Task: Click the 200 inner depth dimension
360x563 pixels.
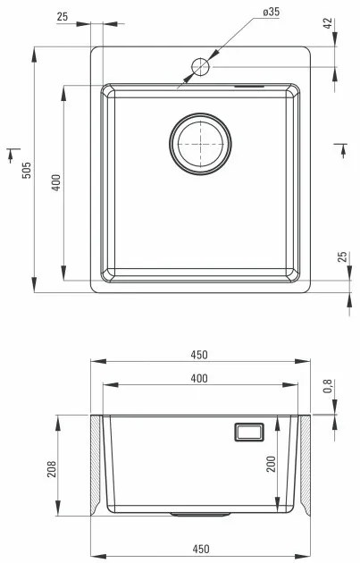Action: (269, 464)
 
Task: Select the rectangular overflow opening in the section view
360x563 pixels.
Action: (247, 432)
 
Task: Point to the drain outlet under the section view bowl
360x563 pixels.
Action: (200, 515)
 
